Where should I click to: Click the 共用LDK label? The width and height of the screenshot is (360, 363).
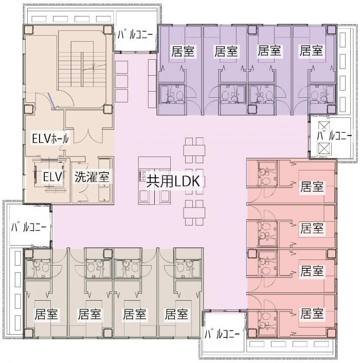pos(173,181)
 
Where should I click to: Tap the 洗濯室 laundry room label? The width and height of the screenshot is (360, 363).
pos(92,177)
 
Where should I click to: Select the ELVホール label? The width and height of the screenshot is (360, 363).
pos(50,139)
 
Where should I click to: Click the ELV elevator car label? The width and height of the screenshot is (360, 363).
pos(53,177)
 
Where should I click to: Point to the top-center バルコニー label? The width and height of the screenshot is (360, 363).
pos(135,35)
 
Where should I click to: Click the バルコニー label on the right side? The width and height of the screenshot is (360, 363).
pos(334,136)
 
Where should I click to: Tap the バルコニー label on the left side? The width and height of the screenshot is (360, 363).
pos(29,227)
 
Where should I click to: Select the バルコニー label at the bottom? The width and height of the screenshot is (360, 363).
pos(222,334)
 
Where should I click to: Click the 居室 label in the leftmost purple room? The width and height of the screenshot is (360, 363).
pos(183,51)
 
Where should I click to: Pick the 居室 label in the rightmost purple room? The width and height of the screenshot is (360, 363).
pos(311,50)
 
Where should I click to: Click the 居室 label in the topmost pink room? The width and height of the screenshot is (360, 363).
pos(312,186)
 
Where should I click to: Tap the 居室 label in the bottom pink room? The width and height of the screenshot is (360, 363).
pos(312,314)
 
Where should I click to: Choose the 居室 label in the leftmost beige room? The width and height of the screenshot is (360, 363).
pos(46,314)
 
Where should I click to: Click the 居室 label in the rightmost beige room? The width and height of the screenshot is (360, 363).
pos(176,314)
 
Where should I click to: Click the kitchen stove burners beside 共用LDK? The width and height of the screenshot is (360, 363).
pos(141,175)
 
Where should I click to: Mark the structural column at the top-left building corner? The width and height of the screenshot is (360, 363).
pos(29,30)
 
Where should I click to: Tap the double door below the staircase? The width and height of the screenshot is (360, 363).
pos(88,136)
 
